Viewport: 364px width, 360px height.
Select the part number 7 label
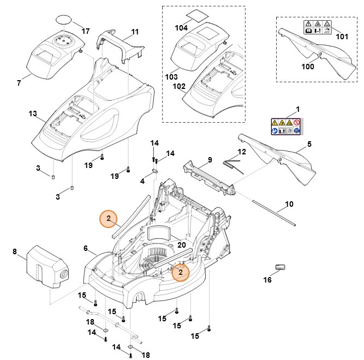[x=19, y=83]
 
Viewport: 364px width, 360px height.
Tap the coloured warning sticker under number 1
[x=286, y=126]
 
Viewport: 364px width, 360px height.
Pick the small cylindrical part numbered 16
[x=281, y=266]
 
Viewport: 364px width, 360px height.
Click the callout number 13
[x=32, y=113]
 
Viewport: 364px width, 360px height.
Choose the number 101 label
[x=342, y=37]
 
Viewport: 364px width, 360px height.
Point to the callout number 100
[x=308, y=67]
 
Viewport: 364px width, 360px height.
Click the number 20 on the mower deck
[x=181, y=245]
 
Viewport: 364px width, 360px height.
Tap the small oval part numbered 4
[x=154, y=170]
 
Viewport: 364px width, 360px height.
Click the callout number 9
[x=208, y=160]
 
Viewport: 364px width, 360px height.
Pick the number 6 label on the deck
[x=86, y=248]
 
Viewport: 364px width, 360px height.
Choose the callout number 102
[x=179, y=86]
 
